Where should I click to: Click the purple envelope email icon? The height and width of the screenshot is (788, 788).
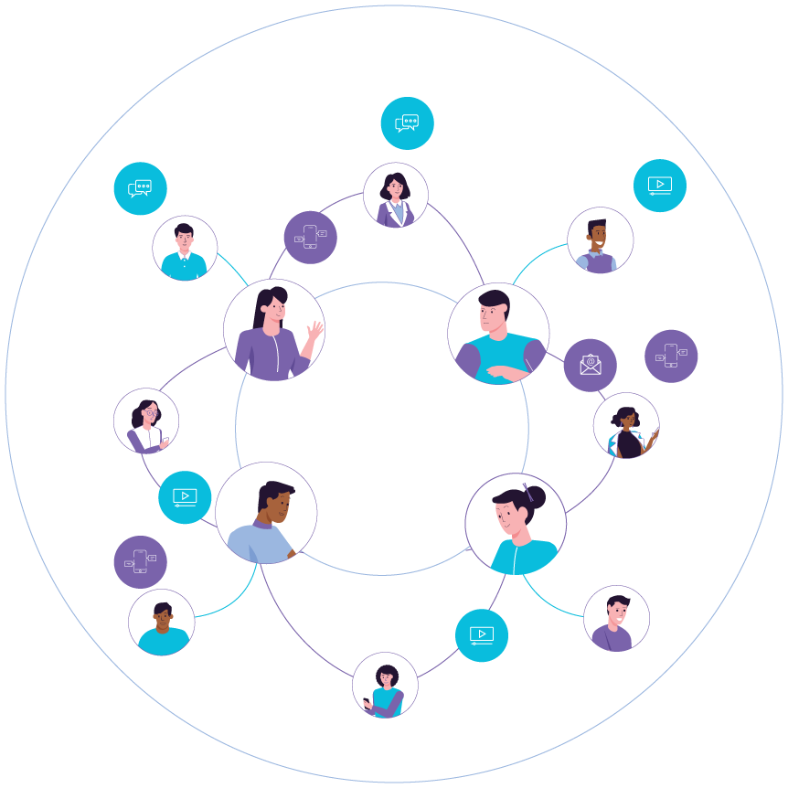tap(590, 365)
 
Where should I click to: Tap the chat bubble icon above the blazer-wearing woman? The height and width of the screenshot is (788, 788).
tap(407, 123)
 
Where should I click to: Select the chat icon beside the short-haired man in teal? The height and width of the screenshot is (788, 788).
tap(140, 188)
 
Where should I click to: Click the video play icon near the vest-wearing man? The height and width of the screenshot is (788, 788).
tap(660, 186)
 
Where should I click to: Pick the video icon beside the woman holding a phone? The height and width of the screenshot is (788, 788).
tap(482, 635)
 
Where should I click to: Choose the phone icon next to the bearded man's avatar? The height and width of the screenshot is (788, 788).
tap(140, 561)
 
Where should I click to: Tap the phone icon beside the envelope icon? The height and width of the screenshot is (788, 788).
tap(671, 356)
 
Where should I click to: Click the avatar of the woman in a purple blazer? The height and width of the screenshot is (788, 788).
tap(396, 196)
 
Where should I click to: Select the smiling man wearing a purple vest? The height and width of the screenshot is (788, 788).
tap(600, 240)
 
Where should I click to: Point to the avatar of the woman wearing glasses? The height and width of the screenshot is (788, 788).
tap(146, 421)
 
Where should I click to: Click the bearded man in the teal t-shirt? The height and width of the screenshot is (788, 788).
tap(162, 623)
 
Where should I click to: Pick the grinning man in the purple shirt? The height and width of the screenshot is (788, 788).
tap(616, 619)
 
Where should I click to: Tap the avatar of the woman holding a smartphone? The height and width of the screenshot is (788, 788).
tap(385, 686)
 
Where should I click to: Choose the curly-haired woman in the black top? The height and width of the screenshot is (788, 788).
tap(626, 426)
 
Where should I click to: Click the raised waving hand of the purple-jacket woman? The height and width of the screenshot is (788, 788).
tap(315, 330)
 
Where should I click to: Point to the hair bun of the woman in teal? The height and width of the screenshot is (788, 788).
tap(534, 497)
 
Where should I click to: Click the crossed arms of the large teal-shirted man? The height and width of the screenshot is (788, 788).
tap(507, 370)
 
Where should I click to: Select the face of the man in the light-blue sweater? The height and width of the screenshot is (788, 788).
tap(277, 502)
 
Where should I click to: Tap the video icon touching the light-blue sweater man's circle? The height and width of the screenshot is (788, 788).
tap(185, 497)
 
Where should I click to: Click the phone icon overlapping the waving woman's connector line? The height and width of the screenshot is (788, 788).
tap(310, 238)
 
